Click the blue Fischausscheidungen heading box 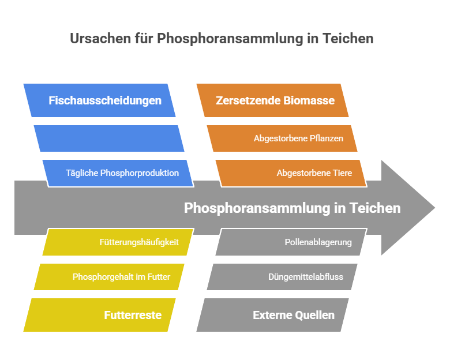tap(99, 100)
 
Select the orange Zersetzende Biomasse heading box tap(272, 100)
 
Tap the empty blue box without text tap(109, 138)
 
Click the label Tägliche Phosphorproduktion tap(122, 173)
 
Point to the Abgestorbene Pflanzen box tap(282, 138)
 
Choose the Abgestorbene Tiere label tap(314, 173)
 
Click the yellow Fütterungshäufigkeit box tap(118, 242)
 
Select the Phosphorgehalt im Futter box tap(109, 277)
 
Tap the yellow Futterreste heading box tap(99, 315)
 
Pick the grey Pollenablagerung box tap(291, 242)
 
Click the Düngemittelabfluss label tap(306, 277)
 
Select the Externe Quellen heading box tap(272, 315)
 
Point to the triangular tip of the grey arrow tap(435, 208)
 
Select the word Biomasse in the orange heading tap(309, 100)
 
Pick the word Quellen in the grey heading tap(314, 315)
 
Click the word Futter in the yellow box tap(159, 277)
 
